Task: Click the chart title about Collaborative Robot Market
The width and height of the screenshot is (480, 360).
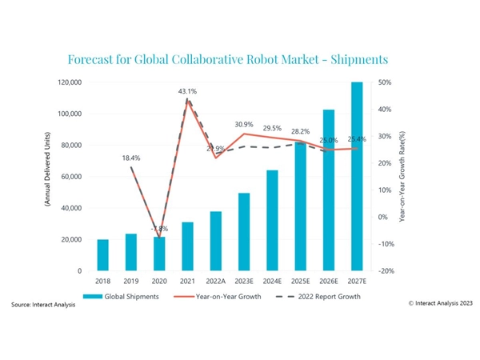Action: [228, 60]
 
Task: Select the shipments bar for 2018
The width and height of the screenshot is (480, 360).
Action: [102, 255]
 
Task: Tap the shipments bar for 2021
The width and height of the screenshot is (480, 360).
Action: [187, 246]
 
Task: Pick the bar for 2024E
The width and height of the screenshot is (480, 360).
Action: [272, 221]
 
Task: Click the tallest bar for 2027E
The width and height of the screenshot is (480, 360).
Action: [356, 176]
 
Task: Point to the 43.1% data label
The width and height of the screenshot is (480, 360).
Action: [187, 92]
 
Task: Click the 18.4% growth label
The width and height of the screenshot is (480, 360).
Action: [131, 158]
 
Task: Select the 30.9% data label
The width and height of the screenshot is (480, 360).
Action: [244, 124]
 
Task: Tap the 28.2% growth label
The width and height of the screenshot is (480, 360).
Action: [300, 132]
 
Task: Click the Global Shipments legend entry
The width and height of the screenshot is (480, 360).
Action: [133, 297]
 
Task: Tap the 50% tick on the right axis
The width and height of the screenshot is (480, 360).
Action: [384, 82]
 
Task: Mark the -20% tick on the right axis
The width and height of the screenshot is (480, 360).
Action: [384, 271]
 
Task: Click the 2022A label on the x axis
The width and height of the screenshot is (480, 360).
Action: [215, 282]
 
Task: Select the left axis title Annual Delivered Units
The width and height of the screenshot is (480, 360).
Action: [46, 176]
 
